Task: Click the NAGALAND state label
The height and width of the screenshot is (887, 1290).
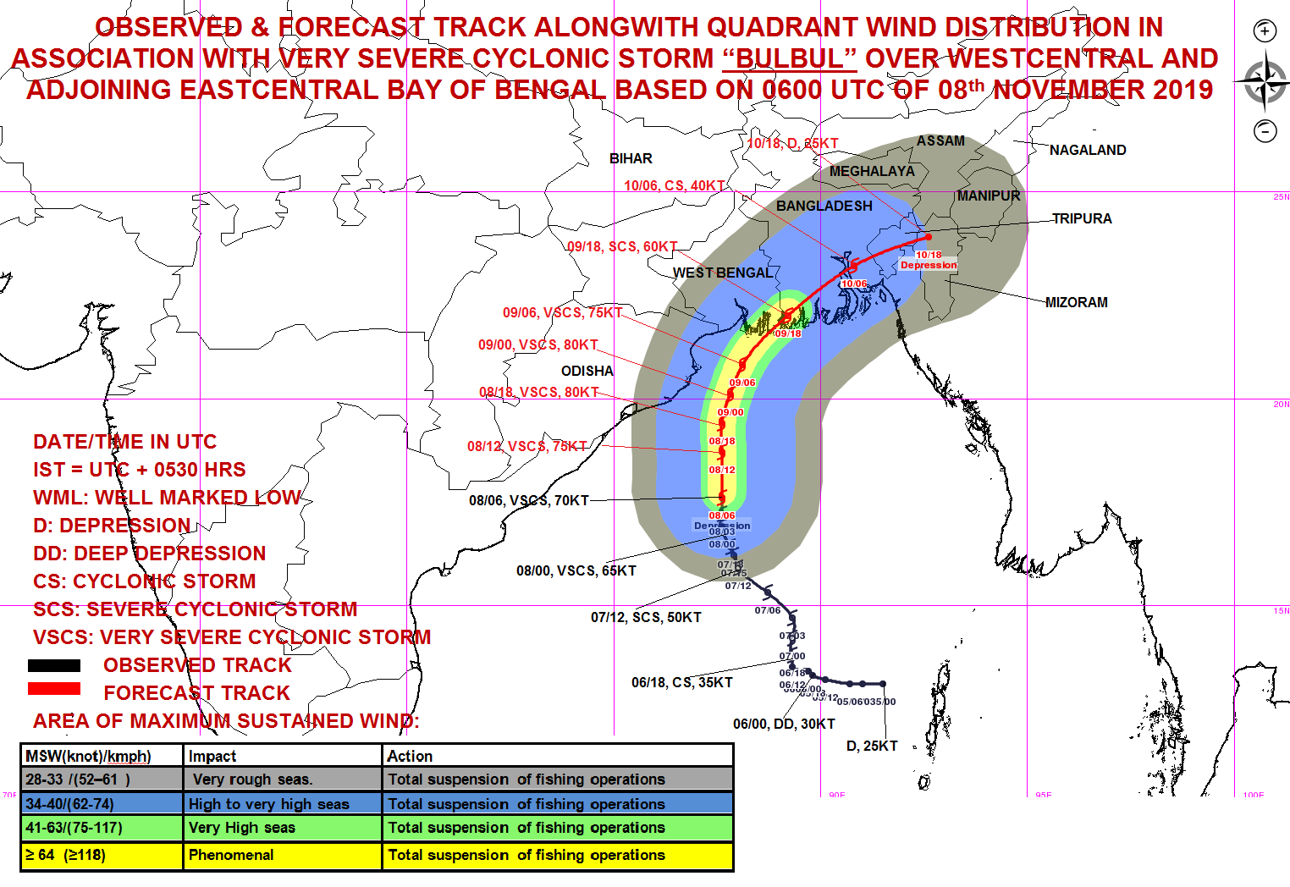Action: coord(1088,150)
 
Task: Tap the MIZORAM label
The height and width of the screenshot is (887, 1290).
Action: coord(1076,302)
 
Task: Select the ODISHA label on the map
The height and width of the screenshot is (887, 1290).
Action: coord(587,371)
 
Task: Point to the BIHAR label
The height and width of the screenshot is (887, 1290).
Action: coord(631,158)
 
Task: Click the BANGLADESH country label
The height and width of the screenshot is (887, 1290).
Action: coord(824,206)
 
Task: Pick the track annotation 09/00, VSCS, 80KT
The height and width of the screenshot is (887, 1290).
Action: coord(537,344)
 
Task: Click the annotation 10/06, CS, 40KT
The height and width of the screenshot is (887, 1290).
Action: coord(674,185)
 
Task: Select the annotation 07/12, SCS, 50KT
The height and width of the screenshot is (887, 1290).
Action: coord(646,617)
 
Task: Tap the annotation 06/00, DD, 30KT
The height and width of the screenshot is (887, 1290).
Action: coord(784,724)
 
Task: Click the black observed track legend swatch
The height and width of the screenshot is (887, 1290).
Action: coord(54,665)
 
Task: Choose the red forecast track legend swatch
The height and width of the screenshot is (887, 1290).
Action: coord(54,689)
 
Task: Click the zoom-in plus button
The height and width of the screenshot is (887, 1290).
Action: coord(1265,31)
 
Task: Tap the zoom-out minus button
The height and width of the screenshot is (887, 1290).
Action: coord(1265,130)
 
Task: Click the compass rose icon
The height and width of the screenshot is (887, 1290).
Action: coord(1264,82)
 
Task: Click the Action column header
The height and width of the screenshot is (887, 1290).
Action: coord(411,756)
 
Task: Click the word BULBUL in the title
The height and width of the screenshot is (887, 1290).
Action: coord(789,58)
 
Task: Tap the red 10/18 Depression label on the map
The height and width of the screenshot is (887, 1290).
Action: coord(929,260)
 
